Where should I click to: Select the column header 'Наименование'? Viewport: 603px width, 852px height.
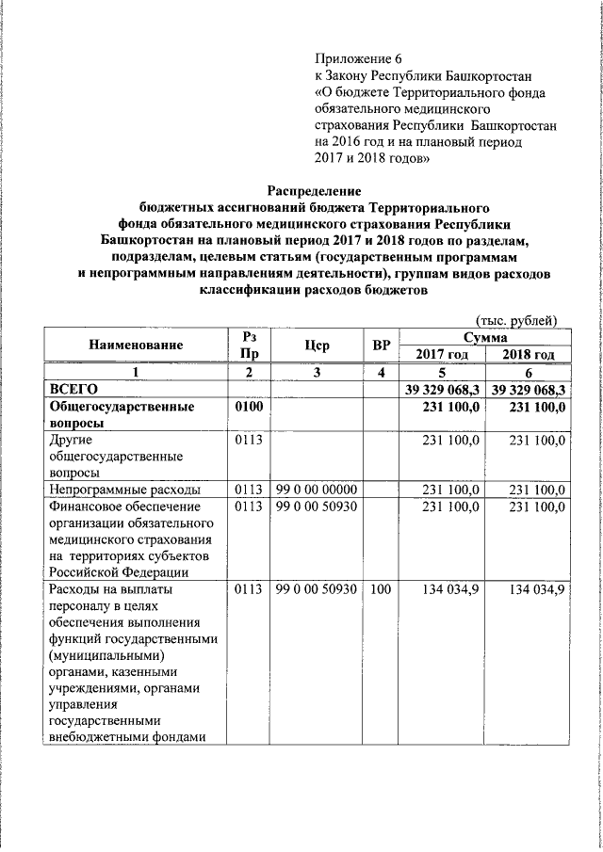[x=136, y=346]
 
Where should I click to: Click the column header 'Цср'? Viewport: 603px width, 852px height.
[x=317, y=346]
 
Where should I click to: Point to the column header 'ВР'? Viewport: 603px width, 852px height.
[x=381, y=346]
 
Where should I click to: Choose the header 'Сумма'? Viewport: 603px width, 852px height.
[x=484, y=336]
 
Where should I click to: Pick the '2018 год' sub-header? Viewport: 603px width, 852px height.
[x=528, y=354]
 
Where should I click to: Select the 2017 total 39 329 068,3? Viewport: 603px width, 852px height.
[x=442, y=389]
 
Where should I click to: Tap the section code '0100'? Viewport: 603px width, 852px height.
[x=248, y=407]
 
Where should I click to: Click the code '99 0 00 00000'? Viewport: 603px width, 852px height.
[x=316, y=490]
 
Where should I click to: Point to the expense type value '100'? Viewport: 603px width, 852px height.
[x=380, y=589]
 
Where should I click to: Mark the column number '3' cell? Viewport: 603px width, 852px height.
[x=317, y=372]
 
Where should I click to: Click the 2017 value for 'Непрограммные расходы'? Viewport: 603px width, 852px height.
[x=451, y=490]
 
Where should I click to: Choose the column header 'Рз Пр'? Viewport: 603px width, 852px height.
[x=248, y=346]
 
